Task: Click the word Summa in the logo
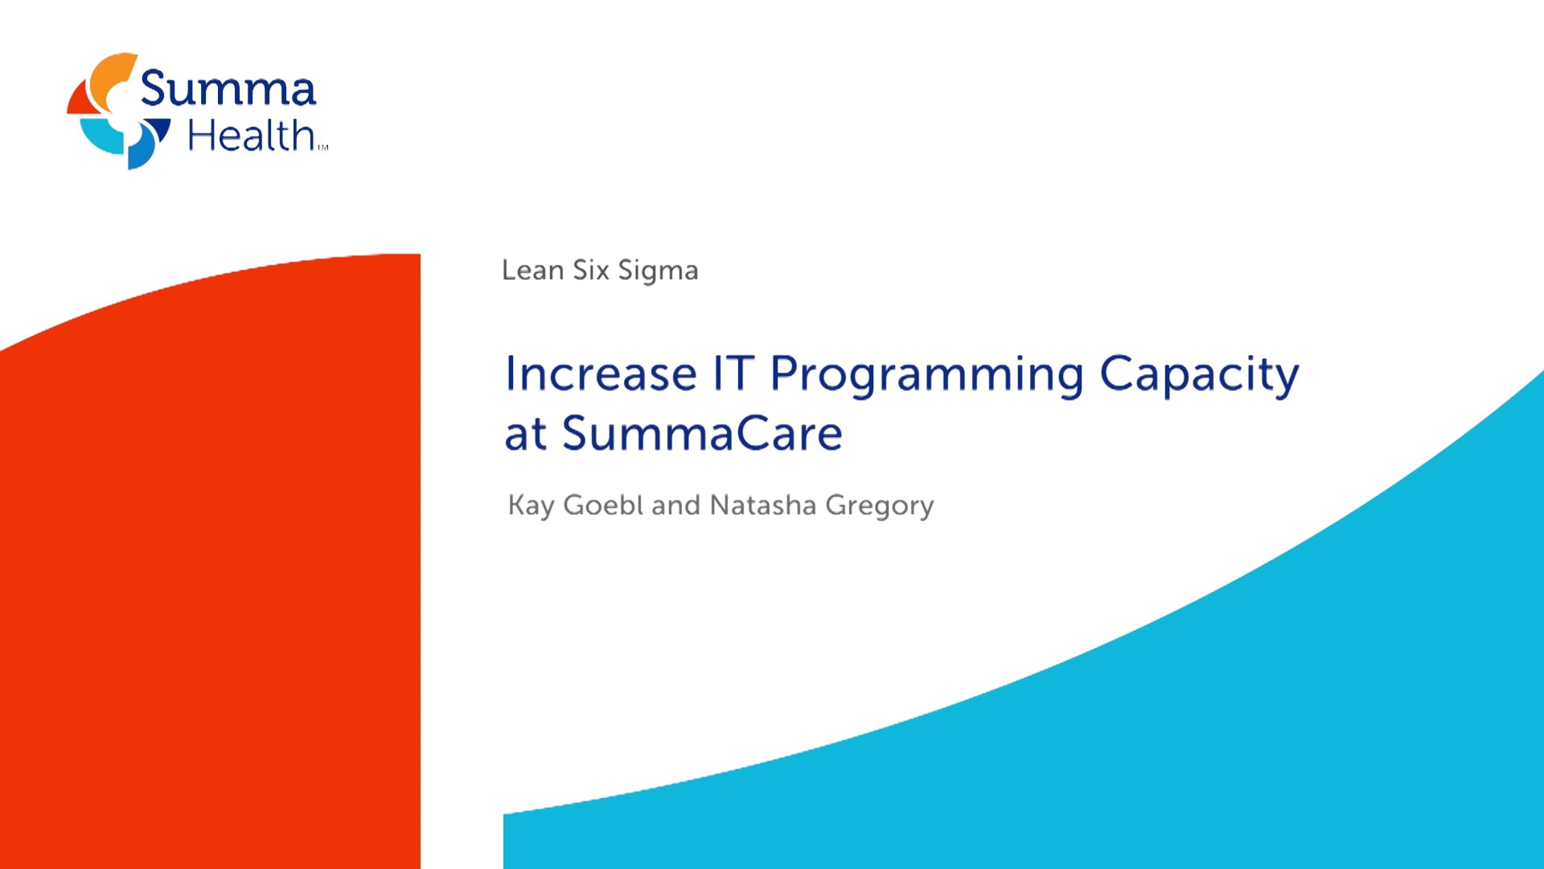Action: pos(228,88)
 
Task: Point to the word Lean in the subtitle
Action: pos(532,270)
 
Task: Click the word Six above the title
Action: pos(591,270)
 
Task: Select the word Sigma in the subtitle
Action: pos(658,271)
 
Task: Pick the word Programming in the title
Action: pos(927,377)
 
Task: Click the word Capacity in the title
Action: pos(1199,377)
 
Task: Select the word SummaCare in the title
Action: pos(702,434)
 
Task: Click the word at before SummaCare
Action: pos(526,435)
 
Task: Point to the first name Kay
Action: pos(531,506)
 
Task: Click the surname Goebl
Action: pos(603,505)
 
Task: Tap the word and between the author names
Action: pos(676,505)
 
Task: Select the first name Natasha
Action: pos(763,505)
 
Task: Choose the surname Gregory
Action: pos(880,506)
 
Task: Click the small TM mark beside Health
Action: pos(323,147)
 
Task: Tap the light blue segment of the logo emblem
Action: pos(100,136)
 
